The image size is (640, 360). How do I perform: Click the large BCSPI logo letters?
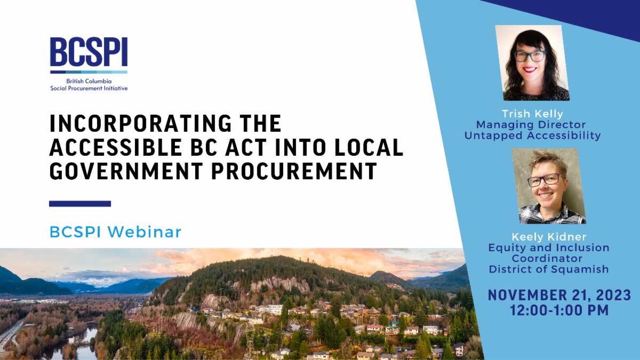click(89, 52)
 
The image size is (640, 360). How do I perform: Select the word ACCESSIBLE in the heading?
click(116, 147)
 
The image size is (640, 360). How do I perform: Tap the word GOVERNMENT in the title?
click(126, 171)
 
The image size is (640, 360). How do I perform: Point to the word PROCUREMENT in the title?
click(294, 171)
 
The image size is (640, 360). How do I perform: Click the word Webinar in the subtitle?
click(145, 231)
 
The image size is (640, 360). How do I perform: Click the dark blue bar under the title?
click(80, 204)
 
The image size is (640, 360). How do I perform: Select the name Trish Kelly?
click(533, 114)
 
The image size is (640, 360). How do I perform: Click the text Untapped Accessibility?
click(533, 135)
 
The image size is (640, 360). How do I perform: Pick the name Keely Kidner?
click(549, 237)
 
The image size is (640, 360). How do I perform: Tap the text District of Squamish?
click(549, 269)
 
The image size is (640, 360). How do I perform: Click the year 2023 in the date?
click(613, 295)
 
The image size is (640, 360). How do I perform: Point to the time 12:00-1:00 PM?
click(559, 310)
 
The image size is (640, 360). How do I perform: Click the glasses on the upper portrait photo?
click(530, 57)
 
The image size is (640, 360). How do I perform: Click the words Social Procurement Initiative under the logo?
click(89, 89)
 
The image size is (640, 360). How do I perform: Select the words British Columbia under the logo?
click(89, 81)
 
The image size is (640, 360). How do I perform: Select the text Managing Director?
click(531, 125)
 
